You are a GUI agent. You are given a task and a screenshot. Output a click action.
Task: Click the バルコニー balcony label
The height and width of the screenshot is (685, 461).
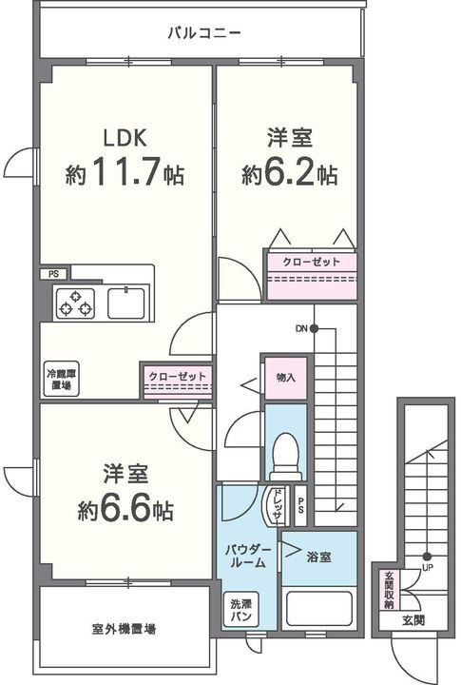[204, 33]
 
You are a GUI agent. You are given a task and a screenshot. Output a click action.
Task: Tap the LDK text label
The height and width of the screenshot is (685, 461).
[125, 138]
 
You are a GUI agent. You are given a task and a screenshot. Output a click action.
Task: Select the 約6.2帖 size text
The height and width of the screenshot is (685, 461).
[290, 173]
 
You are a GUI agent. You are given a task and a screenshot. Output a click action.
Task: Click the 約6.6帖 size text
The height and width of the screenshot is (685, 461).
[125, 509]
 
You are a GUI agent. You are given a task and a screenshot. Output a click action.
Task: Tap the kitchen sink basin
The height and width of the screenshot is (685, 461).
[126, 303]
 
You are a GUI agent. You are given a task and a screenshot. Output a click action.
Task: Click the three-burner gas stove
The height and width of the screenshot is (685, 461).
[75, 303]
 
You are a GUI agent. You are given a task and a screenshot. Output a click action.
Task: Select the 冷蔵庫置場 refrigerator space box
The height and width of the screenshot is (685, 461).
[61, 379]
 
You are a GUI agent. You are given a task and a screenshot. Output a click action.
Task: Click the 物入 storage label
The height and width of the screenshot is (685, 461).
[286, 378]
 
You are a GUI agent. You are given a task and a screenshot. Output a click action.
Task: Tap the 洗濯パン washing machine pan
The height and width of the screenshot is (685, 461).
[240, 610]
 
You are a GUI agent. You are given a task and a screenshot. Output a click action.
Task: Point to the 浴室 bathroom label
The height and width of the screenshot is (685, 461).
[318, 557]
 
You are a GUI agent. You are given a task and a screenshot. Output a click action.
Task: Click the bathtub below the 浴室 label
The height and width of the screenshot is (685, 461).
[319, 610]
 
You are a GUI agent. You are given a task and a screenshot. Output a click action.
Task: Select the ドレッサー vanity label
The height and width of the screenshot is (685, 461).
[277, 505]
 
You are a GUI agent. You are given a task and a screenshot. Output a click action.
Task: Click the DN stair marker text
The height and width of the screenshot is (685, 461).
[301, 328]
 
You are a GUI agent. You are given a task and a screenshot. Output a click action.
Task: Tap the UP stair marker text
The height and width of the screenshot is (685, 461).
[428, 568]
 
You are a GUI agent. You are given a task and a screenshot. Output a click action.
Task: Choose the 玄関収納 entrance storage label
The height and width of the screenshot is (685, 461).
[389, 590]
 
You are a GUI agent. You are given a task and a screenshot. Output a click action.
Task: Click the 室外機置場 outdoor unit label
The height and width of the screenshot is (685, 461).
[124, 629]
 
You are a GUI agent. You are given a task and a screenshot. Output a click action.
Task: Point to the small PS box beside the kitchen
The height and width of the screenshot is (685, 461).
[53, 274]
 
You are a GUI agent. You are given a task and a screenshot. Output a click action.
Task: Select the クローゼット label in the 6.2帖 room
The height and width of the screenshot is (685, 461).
[311, 263]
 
